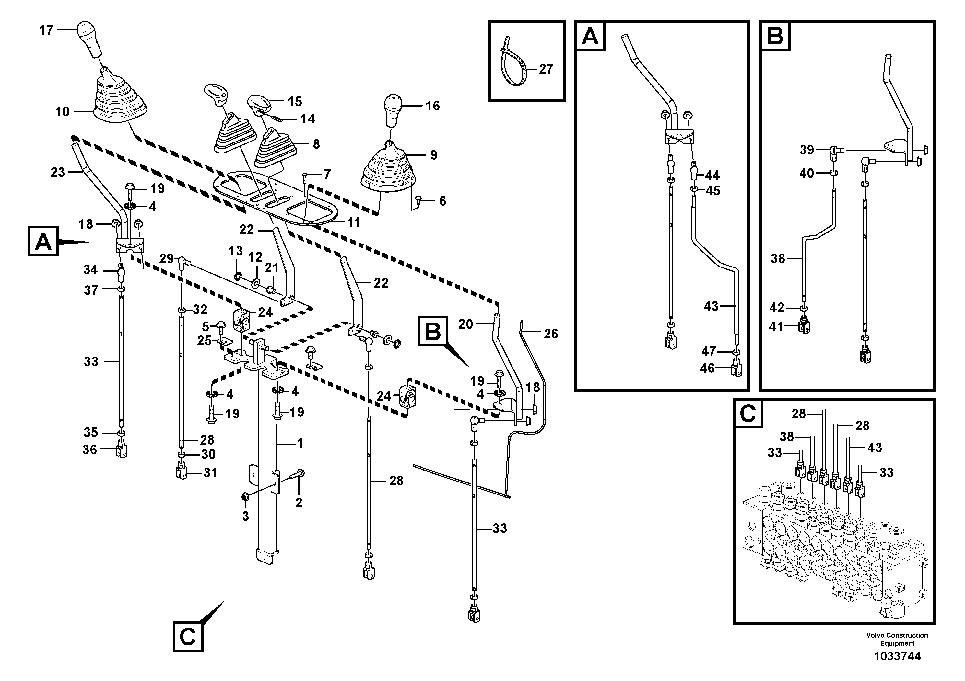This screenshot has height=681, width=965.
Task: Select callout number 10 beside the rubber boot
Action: tap(62, 112)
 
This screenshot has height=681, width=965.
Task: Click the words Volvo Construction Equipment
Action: tap(897, 640)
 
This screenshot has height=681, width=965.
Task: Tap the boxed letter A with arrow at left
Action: tap(43, 242)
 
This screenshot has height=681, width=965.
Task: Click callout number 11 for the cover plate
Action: tap(353, 222)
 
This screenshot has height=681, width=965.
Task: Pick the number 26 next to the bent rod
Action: tap(551, 334)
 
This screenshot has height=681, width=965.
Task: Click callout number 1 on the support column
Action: tap(300, 443)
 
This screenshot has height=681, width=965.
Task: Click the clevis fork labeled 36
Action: tap(122, 450)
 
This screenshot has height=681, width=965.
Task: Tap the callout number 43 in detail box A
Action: tap(711, 306)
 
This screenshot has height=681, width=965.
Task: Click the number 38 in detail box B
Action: tap(778, 259)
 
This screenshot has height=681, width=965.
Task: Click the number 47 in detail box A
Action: tap(708, 351)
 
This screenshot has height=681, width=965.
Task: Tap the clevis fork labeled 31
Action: tap(181, 473)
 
